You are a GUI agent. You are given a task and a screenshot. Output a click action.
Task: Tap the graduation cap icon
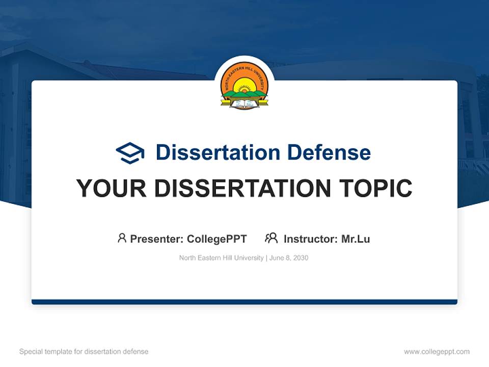point(130,153)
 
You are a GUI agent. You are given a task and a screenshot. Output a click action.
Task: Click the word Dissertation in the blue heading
point(218,152)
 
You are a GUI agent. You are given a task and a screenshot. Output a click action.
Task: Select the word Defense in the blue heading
point(329,152)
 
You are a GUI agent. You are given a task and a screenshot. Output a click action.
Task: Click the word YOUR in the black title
point(112,188)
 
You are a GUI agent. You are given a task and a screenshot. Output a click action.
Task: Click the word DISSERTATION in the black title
point(242,188)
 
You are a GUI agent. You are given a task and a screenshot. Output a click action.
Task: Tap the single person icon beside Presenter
point(122,238)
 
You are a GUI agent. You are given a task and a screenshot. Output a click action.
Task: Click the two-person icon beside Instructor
point(271,238)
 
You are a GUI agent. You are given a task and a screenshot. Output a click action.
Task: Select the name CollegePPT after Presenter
point(217,239)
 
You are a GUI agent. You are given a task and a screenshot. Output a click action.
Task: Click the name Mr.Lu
point(356,239)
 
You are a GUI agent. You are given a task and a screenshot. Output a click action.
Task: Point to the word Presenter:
point(157,239)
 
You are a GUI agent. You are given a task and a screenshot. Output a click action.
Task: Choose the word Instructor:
point(311,239)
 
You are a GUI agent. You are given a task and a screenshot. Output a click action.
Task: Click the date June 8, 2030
point(289,258)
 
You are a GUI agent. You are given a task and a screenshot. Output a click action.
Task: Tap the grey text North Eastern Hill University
point(222,258)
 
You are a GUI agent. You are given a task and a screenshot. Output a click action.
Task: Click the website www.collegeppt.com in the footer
point(437,352)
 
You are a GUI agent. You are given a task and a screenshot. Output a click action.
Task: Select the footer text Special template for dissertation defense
point(84,352)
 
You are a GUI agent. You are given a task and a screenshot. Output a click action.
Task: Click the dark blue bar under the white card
point(244,302)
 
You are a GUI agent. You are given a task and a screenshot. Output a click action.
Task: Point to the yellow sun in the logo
point(244,85)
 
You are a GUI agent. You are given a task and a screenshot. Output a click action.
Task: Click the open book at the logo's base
point(244,103)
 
